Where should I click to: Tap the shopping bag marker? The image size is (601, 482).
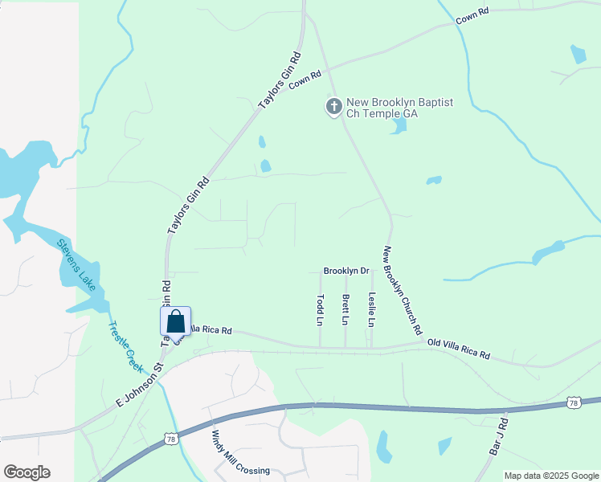[176, 321]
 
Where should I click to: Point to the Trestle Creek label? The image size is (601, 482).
[125, 346]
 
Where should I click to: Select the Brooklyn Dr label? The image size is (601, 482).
[345, 272]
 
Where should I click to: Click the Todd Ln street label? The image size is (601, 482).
[321, 309]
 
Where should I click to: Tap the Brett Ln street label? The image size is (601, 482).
[345, 309]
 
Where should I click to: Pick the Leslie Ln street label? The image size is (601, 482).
[371, 309]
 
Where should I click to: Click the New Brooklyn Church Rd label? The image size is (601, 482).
[403, 290]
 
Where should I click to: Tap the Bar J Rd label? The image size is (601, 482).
[498, 436]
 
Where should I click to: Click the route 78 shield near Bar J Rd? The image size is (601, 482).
[573, 402]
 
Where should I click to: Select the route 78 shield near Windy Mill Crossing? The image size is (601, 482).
[170, 439]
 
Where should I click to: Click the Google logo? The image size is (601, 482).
[27, 472]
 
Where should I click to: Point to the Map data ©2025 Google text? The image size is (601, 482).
[551, 476]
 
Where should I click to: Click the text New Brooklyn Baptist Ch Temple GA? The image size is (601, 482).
[388, 108]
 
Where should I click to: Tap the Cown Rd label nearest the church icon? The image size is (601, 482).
[305, 78]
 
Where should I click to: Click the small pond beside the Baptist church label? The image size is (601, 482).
[399, 126]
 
